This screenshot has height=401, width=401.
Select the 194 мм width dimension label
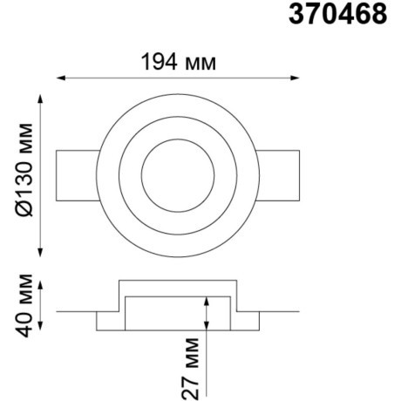click(x=178, y=62)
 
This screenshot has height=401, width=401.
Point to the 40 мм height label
click(x=24, y=304)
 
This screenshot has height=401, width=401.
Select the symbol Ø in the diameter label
click(x=24, y=209)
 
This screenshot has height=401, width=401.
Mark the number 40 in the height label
click(x=24, y=323)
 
